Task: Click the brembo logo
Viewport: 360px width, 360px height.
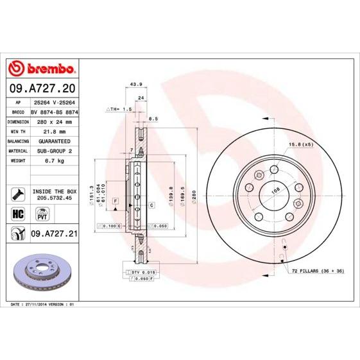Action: [x=42, y=69]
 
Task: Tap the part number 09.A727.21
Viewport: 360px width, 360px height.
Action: [x=54, y=234]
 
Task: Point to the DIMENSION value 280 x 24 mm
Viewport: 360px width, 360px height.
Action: [x=53, y=121]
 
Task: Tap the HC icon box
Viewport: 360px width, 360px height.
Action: [x=17, y=212]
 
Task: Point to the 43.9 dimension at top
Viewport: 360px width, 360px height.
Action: [x=135, y=84]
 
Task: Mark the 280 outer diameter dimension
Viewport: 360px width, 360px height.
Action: [x=193, y=191]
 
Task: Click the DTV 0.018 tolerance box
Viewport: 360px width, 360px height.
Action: [x=144, y=273]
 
